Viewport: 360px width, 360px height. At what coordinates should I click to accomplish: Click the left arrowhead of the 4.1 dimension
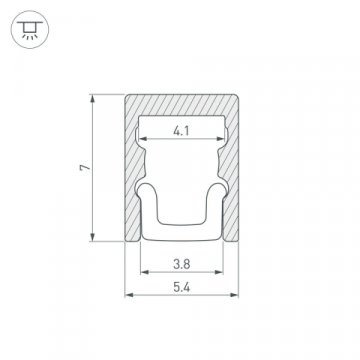click(141, 138)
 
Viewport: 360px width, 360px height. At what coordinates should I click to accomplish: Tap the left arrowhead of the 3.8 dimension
click(142, 276)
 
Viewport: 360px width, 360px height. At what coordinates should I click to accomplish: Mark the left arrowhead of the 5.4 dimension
click(127, 295)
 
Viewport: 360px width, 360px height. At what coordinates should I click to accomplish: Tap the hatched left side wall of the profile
click(130, 180)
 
